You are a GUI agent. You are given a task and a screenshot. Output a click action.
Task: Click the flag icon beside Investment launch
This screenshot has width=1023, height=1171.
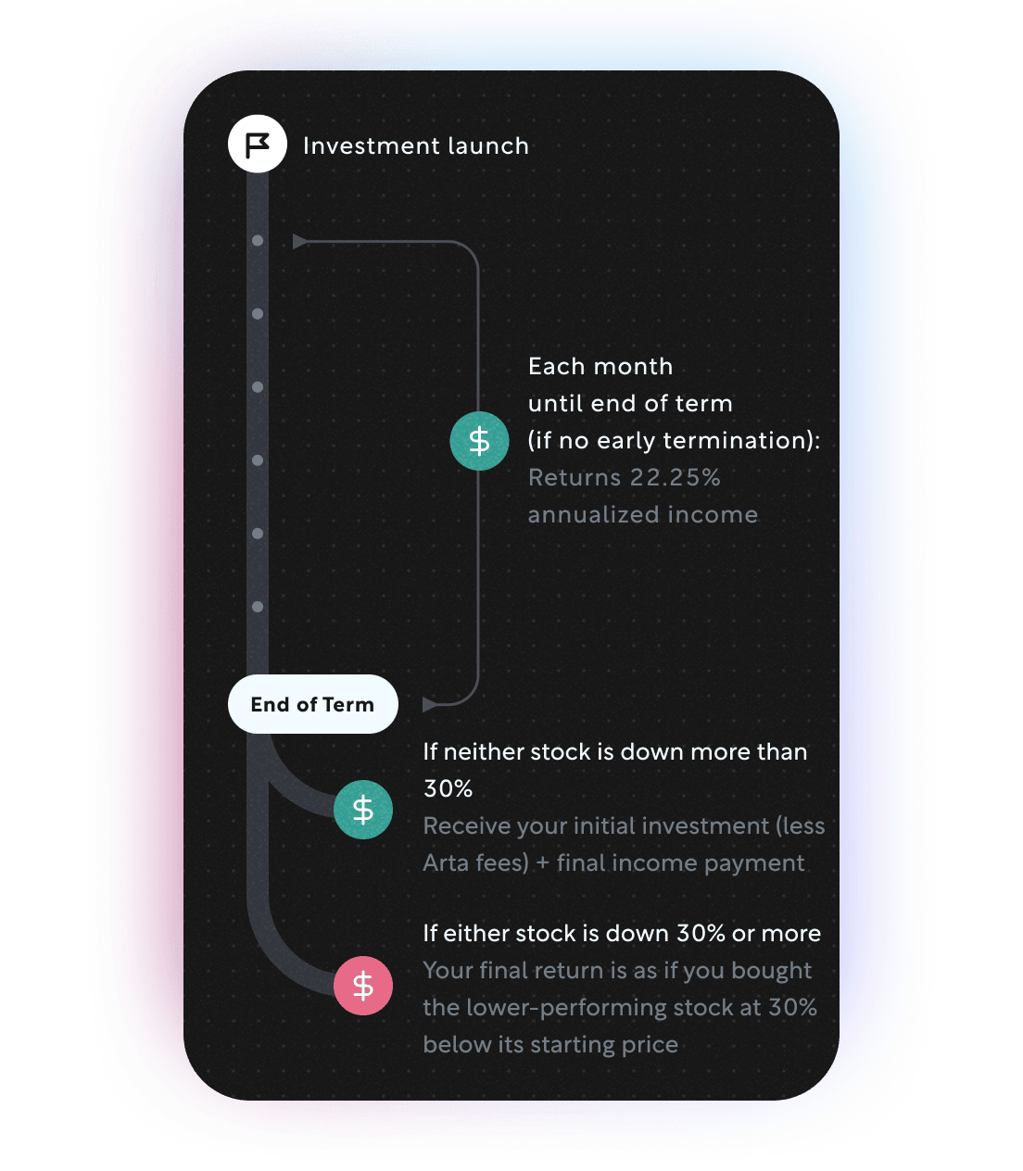[x=257, y=145]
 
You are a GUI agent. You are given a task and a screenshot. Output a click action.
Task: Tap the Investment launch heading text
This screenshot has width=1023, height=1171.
[x=415, y=146]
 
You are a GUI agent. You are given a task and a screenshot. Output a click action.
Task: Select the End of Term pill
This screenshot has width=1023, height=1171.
[x=312, y=704]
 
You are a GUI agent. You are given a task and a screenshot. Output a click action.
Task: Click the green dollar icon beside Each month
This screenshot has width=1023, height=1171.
[x=479, y=441]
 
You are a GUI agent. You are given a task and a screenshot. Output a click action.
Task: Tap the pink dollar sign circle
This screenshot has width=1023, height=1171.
[x=363, y=986]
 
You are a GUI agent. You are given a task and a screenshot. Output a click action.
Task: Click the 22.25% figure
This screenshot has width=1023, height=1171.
[x=675, y=478]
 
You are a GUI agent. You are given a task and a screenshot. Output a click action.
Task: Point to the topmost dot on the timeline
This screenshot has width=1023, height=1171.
[x=258, y=241]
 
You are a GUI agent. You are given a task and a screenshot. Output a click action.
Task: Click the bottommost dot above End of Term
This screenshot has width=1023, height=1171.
[x=258, y=607]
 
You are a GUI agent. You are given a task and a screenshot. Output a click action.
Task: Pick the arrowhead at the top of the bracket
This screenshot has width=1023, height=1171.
[x=300, y=242]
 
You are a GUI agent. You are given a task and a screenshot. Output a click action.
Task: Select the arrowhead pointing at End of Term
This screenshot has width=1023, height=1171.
[x=429, y=705]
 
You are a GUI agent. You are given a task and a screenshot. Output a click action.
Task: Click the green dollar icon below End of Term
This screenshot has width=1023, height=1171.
[x=363, y=810]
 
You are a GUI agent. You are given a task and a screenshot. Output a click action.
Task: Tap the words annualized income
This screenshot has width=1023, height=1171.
[x=642, y=515]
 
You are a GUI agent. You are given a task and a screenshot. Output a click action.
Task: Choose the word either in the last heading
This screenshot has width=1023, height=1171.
[x=473, y=934]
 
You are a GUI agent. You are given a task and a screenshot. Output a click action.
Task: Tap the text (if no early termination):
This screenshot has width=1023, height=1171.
[x=674, y=441]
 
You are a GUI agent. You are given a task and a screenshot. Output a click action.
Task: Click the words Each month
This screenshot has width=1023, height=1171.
[x=600, y=367]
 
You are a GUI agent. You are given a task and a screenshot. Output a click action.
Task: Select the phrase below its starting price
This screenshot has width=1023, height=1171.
[x=550, y=1045]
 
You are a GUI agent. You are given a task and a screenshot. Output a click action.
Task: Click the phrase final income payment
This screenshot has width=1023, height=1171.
[x=680, y=863]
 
